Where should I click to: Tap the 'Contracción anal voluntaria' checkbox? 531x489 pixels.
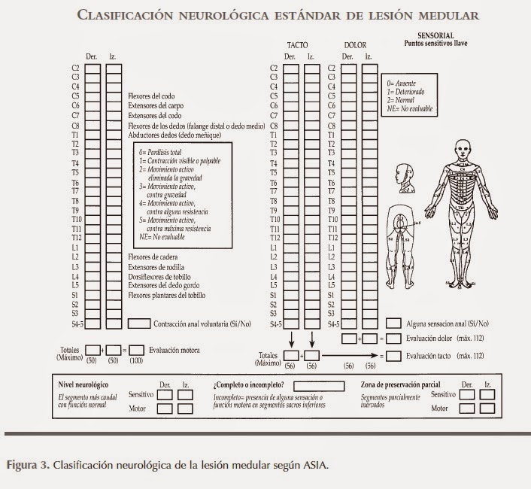click(x=138, y=324)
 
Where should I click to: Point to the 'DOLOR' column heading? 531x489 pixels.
click(x=355, y=46)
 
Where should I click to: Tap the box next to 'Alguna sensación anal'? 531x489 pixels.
click(x=393, y=323)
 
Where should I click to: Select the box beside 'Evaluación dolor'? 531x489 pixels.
click(x=393, y=339)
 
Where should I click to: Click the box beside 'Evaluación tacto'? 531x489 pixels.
click(x=393, y=354)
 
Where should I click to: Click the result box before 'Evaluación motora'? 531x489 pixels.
click(x=136, y=350)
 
